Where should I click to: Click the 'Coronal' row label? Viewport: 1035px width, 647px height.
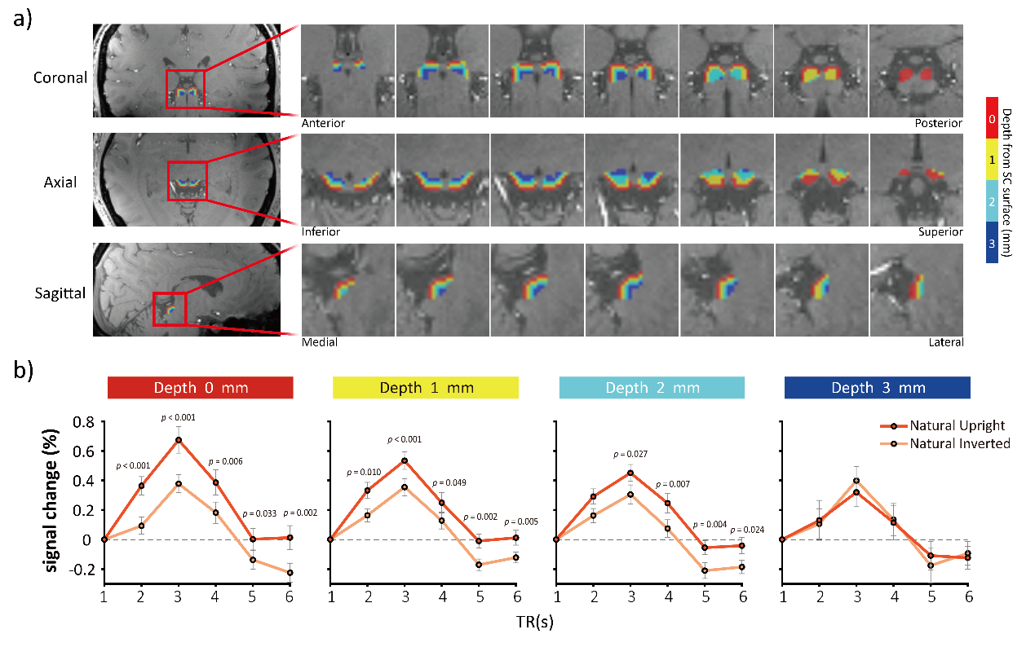pyautogui.click(x=60, y=77)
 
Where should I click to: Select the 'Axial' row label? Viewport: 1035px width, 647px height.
pyautogui.click(x=60, y=183)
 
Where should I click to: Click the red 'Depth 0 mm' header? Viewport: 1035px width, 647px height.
pyautogui.click(x=200, y=388)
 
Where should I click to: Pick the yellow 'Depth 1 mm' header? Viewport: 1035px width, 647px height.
pyautogui.click(x=425, y=388)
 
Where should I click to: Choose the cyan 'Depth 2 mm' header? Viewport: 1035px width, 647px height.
pyautogui.click(x=652, y=388)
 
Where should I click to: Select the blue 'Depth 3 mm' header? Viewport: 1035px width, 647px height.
pyautogui.click(x=877, y=388)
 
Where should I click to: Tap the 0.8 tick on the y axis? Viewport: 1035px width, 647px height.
pyautogui.click(x=83, y=422)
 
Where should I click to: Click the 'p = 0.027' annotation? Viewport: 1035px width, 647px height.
pyautogui.click(x=631, y=454)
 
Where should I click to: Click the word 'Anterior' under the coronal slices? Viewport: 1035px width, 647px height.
pyautogui.click(x=322, y=124)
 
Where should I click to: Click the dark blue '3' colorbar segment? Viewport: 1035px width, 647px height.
pyautogui.click(x=992, y=242)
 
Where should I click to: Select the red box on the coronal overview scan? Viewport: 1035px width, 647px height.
pyautogui.click(x=185, y=89)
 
